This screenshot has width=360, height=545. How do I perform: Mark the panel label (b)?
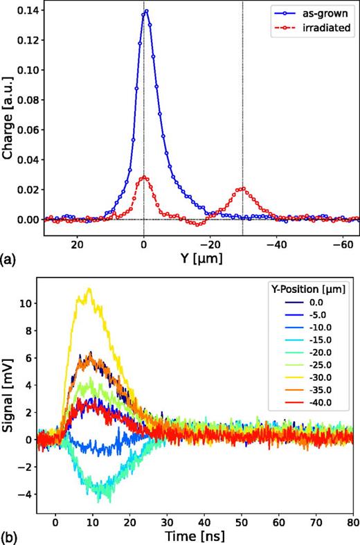9,535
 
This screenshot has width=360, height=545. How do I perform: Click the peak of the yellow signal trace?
89,289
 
